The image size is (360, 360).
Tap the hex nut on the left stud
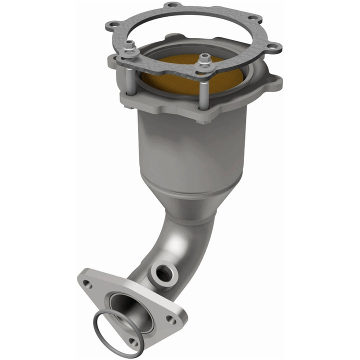coord(128,44)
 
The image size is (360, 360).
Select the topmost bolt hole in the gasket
coord(172,5)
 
